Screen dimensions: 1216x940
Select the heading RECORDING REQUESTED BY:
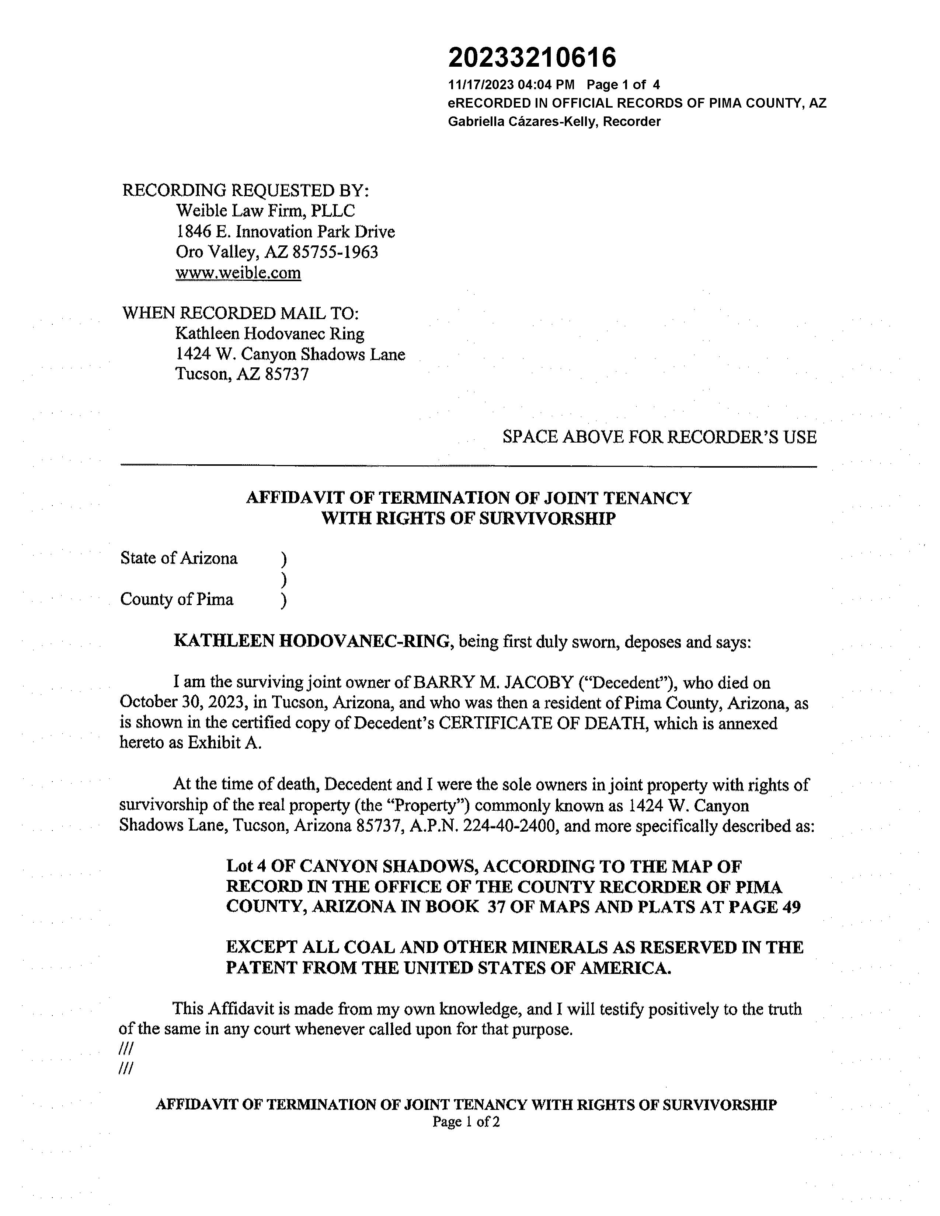point(246,191)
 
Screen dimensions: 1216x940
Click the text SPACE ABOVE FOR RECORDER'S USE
point(659,437)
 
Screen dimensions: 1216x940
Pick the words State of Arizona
point(179,559)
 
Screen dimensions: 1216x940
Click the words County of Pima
point(177,600)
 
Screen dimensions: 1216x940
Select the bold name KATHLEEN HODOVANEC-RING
point(311,642)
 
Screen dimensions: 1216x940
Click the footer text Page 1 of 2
point(466,1122)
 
